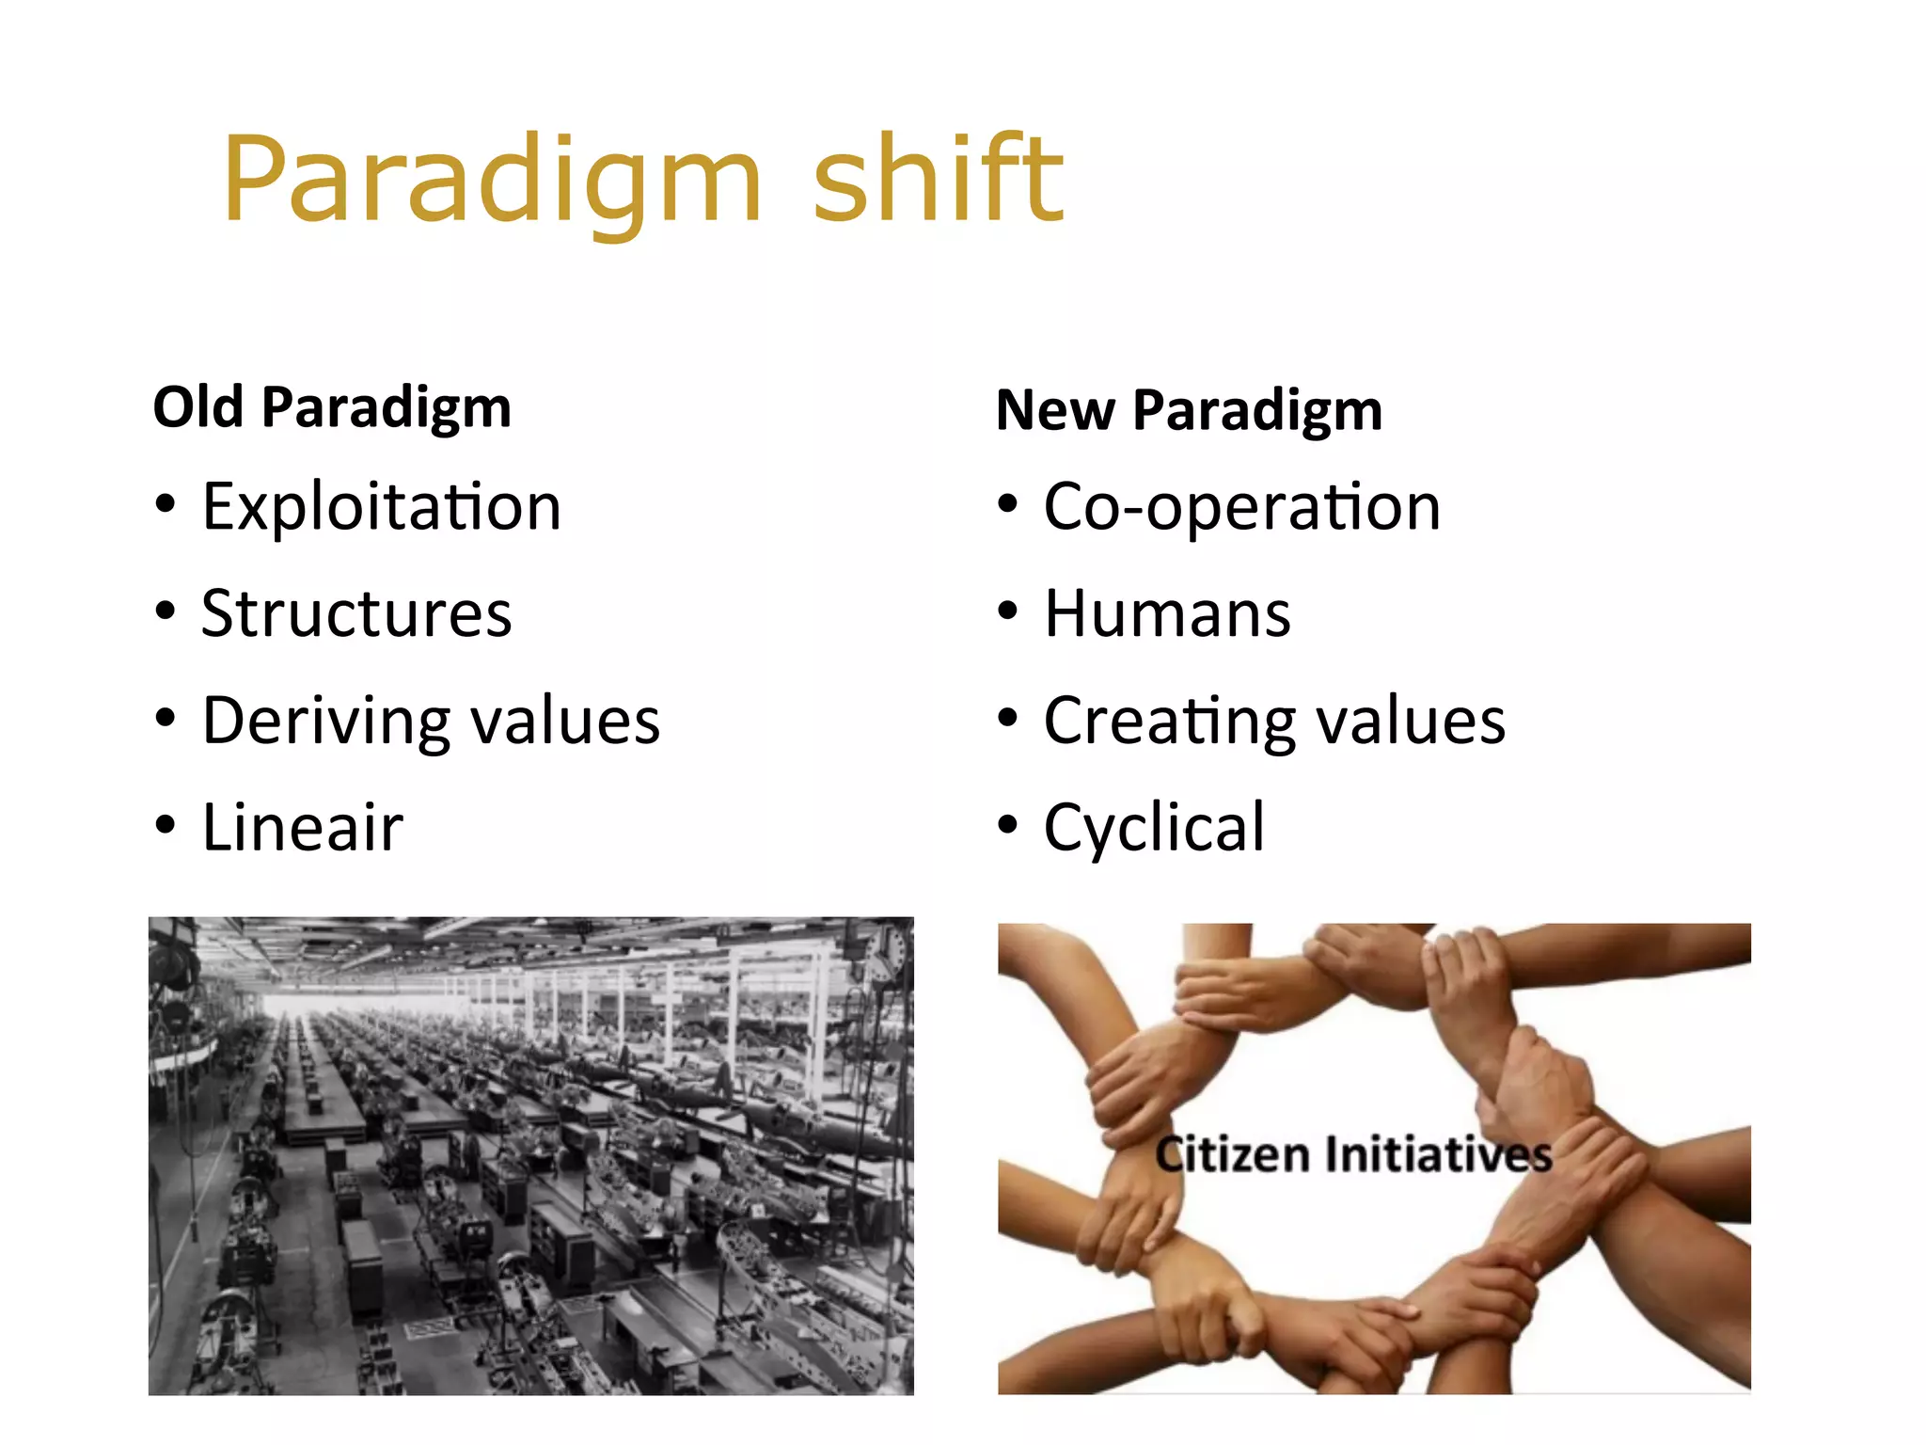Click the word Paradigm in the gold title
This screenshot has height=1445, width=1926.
[491, 181]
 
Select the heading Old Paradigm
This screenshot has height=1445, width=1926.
[332, 408]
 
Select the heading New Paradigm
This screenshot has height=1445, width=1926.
[1189, 411]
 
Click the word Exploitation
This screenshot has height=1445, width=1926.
[381, 507]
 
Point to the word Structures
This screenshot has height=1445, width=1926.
[356, 613]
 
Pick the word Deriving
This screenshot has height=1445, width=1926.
[326, 722]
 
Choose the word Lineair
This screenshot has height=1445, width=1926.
[303, 828]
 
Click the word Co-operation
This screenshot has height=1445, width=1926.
[1241, 508]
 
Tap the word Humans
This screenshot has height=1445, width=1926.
[1167, 614]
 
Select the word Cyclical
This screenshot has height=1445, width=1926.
[1154, 829]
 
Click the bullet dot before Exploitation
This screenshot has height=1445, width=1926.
[166, 505]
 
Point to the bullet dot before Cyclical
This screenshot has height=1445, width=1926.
[1007, 825]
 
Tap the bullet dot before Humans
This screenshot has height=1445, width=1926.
[1007, 611]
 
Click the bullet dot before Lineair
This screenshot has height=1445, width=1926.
[166, 825]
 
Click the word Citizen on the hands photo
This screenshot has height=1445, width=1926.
[1232, 1154]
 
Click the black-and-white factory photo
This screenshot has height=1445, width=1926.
[530, 1155]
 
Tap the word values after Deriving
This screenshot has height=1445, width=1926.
[565, 722]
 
